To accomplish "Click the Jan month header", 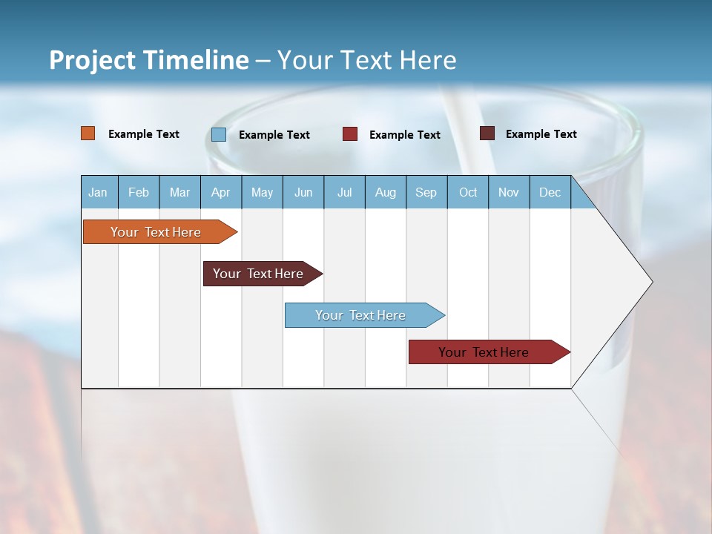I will click(98, 192).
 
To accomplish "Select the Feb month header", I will click(139, 192).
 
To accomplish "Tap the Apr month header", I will click(220, 192).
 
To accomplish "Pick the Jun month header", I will click(303, 192).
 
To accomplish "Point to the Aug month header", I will click(385, 192).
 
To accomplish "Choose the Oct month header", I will click(468, 192).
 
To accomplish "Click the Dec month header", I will click(550, 192).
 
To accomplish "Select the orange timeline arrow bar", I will click(156, 232).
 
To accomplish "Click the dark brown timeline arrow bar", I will click(258, 274).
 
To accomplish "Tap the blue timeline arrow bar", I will click(360, 315).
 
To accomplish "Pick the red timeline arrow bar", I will click(484, 352).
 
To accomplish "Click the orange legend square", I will click(88, 133).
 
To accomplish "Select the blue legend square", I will click(219, 134).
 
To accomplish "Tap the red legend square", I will click(350, 134).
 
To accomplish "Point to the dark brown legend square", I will click(487, 133).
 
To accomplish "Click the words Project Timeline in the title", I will click(148, 60).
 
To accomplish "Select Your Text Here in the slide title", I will click(367, 60).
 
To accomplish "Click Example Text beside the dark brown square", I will click(541, 134).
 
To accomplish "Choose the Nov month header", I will click(509, 192).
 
